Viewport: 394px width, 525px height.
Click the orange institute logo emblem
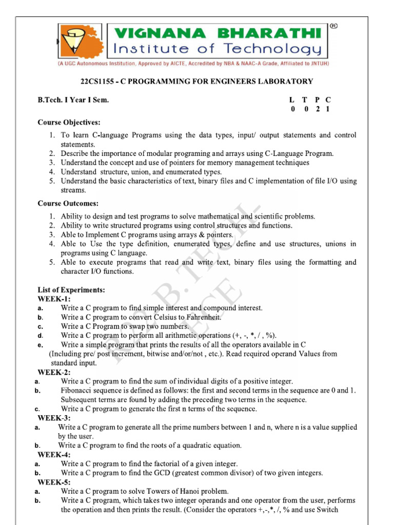77,42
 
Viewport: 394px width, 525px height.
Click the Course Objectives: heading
69,123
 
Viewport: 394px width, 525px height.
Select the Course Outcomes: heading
68,204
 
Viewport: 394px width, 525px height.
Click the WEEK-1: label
54,299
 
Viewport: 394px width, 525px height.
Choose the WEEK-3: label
54,418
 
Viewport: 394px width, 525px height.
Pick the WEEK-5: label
54,482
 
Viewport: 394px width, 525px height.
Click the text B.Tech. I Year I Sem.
73,100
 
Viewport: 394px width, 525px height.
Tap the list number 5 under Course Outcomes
52,262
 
